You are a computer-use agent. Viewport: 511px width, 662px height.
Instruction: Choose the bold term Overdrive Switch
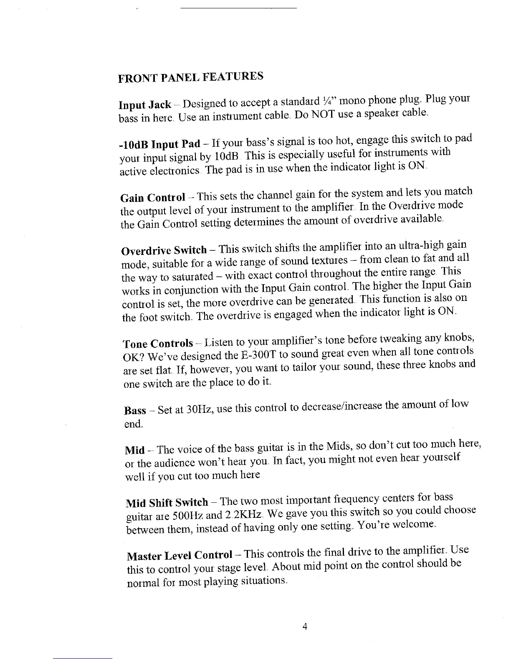(164, 250)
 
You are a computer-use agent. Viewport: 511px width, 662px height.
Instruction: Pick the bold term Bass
(135, 410)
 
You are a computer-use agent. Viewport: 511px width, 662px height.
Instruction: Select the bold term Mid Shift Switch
(167, 502)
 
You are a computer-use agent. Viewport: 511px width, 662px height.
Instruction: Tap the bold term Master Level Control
(179, 556)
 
